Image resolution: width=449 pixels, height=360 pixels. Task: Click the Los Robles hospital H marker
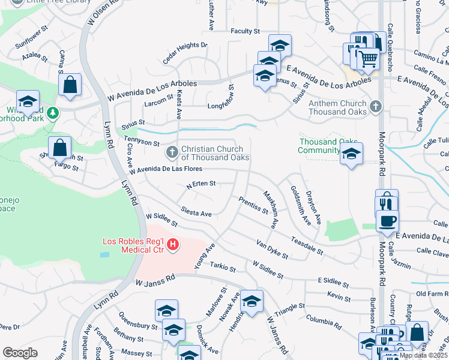[x=173, y=244]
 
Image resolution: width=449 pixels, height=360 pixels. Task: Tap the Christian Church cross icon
[x=172, y=152]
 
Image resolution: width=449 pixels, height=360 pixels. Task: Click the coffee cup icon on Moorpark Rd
[x=387, y=220]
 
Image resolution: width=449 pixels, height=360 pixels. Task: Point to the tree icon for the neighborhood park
[x=53, y=112]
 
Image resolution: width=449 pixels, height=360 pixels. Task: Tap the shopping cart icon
[x=368, y=59]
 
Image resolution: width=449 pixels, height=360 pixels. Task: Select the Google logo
[x=20, y=353]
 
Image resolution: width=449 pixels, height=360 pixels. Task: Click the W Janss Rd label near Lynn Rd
[x=154, y=281]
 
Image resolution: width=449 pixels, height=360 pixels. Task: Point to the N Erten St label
[x=200, y=185]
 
